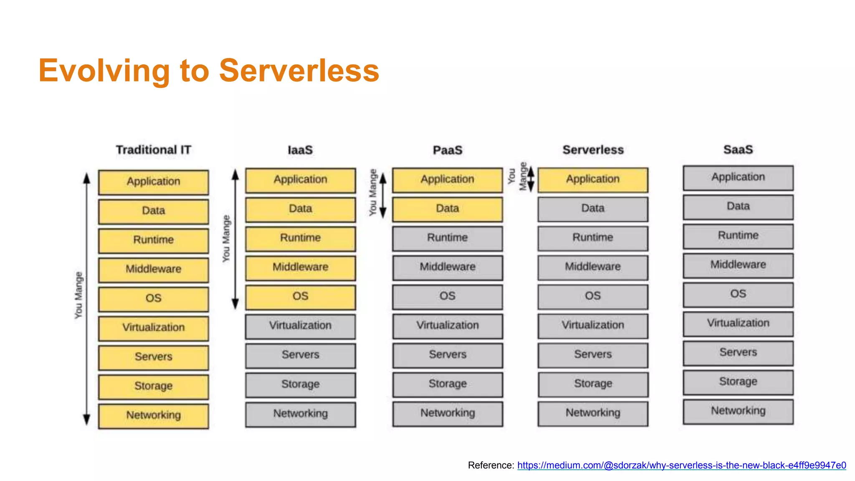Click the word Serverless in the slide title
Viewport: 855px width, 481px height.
[299, 71]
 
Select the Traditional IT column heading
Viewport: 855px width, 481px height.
[153, 149]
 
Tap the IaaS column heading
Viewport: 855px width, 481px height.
[300, 150]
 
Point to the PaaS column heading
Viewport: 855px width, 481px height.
[447, 150]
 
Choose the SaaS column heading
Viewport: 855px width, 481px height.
[738, 149]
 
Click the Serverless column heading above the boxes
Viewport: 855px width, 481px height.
[593, 149]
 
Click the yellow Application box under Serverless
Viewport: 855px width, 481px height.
[593, 180]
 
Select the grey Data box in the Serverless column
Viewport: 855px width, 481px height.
[593, 208]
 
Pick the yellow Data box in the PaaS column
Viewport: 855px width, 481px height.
[447, 209]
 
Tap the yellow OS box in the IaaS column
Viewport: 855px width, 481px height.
[300, 297]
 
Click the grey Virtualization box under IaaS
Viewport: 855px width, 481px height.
[300, 326]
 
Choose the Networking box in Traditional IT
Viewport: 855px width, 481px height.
[153, 415]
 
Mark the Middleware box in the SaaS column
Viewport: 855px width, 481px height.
[738, 265]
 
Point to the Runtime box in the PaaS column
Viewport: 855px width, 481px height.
[447, 238]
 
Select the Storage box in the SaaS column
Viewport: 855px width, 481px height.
[738, 382]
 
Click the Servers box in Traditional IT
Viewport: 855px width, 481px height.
[153, 357]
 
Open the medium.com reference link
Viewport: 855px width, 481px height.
[681, 465]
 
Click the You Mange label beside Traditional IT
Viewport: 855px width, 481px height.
[78, 295]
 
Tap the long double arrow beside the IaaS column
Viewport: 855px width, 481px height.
[235, 239]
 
